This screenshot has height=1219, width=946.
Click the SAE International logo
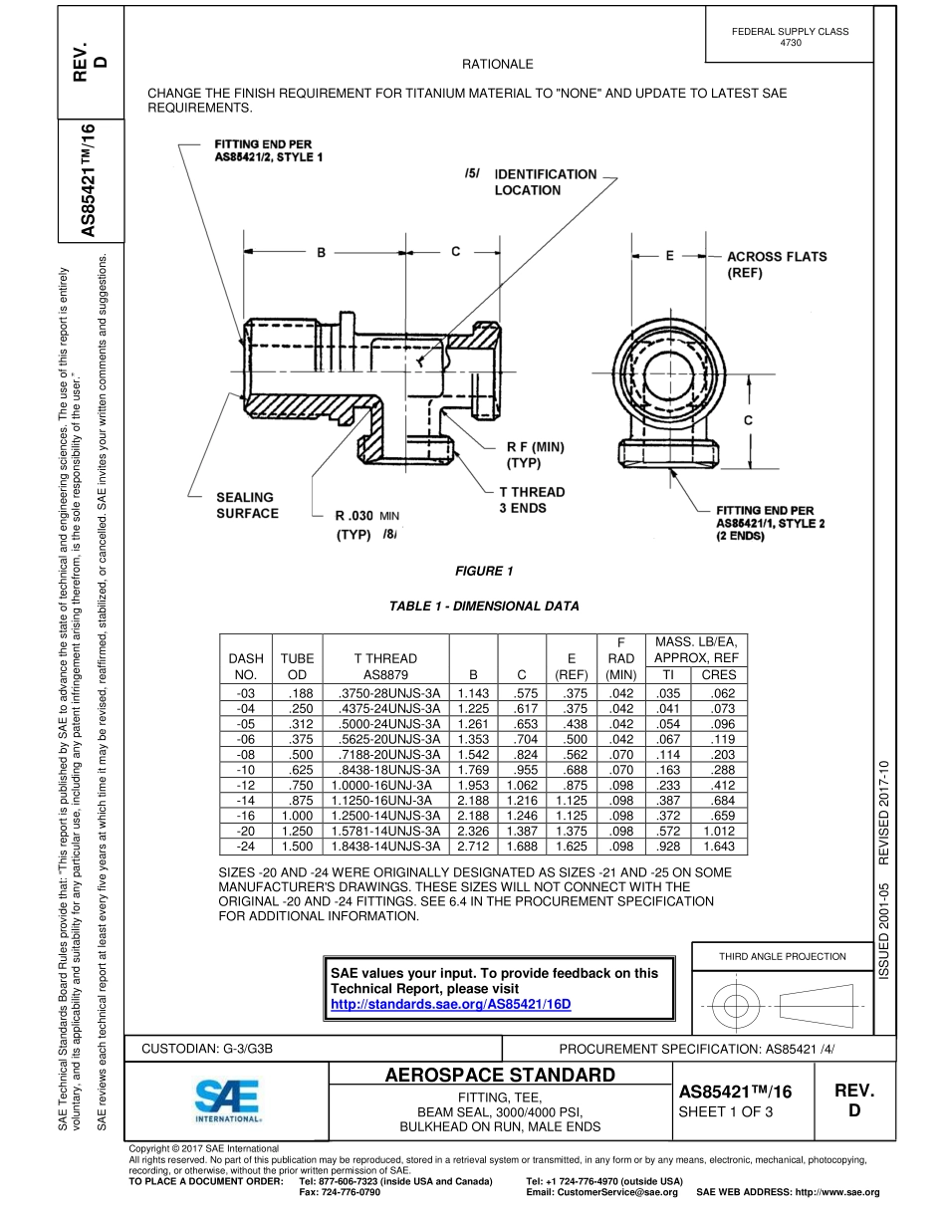coord(227,1103)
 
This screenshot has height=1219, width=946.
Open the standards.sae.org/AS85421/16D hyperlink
coord(450,1004)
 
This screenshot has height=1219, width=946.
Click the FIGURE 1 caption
coord(484,572)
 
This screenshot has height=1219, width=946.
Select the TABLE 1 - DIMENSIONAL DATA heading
coord(484,607)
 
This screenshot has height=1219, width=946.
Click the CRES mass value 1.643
coord(719,847)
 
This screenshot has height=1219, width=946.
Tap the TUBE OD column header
coord(297,666)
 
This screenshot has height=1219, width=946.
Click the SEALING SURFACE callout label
coord(247,505)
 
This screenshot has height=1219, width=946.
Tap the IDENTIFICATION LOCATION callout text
coord(546,182)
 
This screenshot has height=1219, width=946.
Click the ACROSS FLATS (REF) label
coord(776,264)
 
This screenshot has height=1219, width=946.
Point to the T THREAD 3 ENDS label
coord(531,500)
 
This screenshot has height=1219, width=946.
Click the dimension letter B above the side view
coord(321,253)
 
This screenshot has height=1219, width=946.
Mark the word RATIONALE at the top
coord(497,64)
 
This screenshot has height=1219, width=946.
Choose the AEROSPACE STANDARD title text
coord(499,1076)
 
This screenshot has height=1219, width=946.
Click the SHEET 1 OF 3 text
coord(725,1112)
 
